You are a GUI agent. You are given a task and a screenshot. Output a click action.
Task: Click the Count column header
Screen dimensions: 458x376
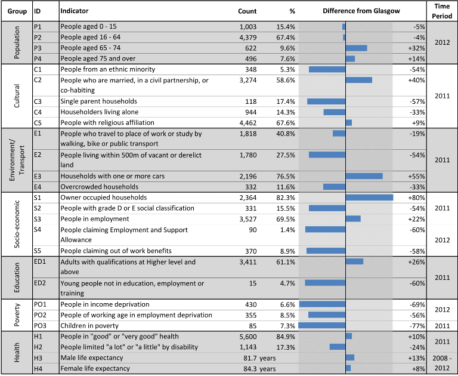point(247,11)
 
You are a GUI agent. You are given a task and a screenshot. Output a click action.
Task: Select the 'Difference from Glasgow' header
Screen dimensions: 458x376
point(361,11)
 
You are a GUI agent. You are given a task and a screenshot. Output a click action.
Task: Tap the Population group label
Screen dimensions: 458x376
point(17,42)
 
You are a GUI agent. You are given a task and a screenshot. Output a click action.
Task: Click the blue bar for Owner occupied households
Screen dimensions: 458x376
point(369,198)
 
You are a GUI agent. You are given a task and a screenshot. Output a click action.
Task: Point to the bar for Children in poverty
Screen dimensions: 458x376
point(322,325)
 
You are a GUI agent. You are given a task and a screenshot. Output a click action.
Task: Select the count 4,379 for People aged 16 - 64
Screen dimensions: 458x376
point(248,38)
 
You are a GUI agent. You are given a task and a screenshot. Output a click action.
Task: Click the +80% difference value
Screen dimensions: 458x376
point(416,198)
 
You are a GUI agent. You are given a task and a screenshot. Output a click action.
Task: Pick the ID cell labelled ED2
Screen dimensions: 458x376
point(40,283)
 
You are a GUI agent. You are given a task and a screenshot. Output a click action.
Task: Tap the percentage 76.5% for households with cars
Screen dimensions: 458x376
point(286,176)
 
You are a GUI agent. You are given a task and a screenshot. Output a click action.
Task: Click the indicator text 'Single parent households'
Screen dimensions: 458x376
point(99,101)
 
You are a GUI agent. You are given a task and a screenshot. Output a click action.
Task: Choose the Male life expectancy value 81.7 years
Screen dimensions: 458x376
point(259,358)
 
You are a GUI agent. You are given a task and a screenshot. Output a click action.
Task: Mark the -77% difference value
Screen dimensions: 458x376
point(417,326)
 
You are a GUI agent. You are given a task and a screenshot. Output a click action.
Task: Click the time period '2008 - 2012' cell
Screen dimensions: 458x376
point(442,363)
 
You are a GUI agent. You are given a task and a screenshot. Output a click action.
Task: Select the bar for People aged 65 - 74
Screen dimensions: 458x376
point(357,48)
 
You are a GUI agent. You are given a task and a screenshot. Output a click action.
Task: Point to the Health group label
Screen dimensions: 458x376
point(17,352)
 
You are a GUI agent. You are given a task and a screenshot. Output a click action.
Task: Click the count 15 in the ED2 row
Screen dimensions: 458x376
point(253,283)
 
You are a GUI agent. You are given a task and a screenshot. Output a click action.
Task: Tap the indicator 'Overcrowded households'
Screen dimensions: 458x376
point(100,187)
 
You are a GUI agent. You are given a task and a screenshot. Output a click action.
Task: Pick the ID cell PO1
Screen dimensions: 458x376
point(40,304)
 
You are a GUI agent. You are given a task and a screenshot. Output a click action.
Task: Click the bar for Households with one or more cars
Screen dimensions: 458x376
point(364,176)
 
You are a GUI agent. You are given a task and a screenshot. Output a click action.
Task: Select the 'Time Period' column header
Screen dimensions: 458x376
point(442,11)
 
